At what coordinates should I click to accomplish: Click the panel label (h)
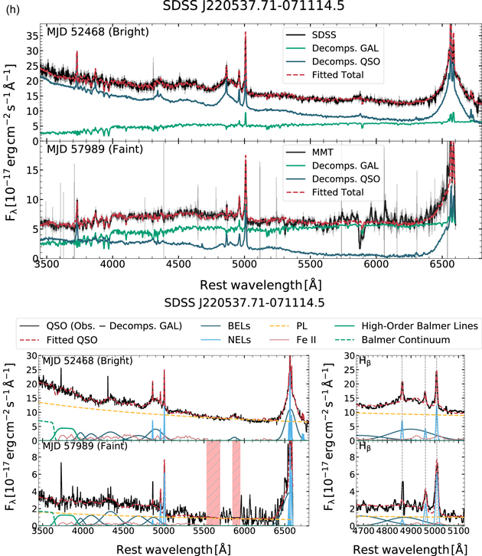(13, 10)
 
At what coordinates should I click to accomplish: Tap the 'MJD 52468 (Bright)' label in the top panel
(98, 32)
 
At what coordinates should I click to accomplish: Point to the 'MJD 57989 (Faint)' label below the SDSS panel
(95, 149)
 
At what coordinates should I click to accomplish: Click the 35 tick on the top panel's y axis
(33, 36)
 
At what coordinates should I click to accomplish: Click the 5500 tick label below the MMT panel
(310, 264)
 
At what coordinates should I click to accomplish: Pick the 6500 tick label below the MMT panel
(441, 264)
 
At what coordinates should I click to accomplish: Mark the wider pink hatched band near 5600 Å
(213, 483)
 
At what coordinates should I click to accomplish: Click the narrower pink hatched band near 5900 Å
(236, 483)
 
